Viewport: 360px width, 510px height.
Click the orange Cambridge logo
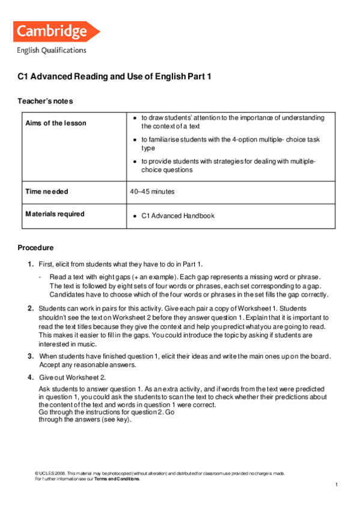(x=58, y=31)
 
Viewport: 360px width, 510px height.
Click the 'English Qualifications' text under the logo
(x=51, y=51)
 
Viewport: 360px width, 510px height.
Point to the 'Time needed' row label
(x=46, y=191)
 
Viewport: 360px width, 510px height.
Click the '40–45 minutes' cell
(x=151, y=191)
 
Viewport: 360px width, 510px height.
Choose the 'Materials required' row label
(x=55, y=214)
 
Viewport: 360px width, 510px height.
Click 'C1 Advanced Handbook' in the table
(x=177, y=216)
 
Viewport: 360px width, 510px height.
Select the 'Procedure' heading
(x=35, y=247)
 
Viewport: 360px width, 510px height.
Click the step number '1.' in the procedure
(x=30, y=264)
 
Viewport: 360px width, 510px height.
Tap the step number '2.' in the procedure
(x=30, y=308)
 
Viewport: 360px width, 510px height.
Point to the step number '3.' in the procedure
(x=30, y=356)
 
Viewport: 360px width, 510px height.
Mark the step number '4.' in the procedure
(x=30, y=377)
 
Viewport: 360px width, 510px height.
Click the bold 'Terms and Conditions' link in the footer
(x=117, y=479)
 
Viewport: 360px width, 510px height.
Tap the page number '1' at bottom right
(x=337, y=485)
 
